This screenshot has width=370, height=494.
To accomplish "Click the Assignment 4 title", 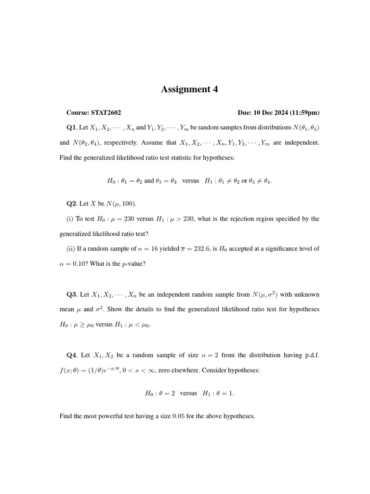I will click(x=189, y=89).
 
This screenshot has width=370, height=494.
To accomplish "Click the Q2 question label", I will click(x=71, y=204).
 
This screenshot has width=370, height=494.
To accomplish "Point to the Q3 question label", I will click(x=71, y=294).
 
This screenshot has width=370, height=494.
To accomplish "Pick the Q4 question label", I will click(x=71, y=355).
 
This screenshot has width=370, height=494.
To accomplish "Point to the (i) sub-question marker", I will click(x=70, y=219).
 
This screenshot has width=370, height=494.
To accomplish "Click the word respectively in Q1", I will click(x=120, y=143).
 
